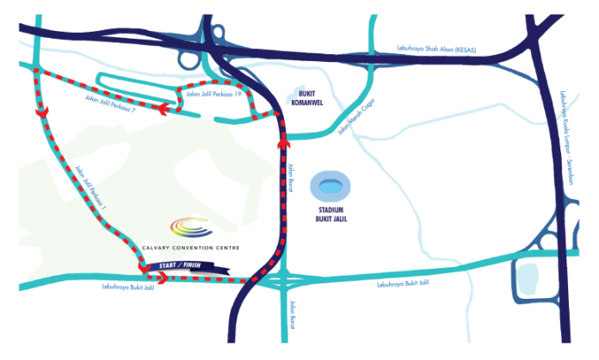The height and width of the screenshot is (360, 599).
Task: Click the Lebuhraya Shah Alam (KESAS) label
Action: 436,49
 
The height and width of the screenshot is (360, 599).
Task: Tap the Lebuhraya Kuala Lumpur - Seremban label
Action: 567,138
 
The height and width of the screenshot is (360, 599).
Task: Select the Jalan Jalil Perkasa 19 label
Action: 213,94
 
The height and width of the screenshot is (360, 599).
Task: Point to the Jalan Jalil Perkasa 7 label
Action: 110,103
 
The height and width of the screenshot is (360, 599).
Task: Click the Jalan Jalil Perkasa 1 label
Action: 90,187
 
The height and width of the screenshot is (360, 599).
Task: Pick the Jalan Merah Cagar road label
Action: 356,116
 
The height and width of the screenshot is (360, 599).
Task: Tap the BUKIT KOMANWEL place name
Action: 306,98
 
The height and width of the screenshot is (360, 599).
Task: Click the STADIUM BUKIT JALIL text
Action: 331,214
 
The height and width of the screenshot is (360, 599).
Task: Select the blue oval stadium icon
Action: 330,187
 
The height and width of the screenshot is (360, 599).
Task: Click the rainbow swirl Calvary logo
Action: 191,227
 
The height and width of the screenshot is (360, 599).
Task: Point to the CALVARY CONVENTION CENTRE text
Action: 190,248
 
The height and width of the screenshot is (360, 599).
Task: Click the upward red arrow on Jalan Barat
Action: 283,143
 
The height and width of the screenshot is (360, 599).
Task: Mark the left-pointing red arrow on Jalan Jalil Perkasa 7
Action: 164,109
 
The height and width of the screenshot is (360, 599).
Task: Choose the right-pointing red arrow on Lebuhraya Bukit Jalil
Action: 163,278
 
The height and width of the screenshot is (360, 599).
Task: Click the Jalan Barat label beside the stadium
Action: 290,177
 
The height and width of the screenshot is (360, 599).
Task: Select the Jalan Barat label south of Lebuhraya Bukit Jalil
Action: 292,315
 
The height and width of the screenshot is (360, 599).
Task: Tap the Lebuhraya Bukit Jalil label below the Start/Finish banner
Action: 128,287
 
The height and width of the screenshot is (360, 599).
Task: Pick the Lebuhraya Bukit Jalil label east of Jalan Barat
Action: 403,283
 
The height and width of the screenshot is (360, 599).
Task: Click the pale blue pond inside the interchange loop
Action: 527,279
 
